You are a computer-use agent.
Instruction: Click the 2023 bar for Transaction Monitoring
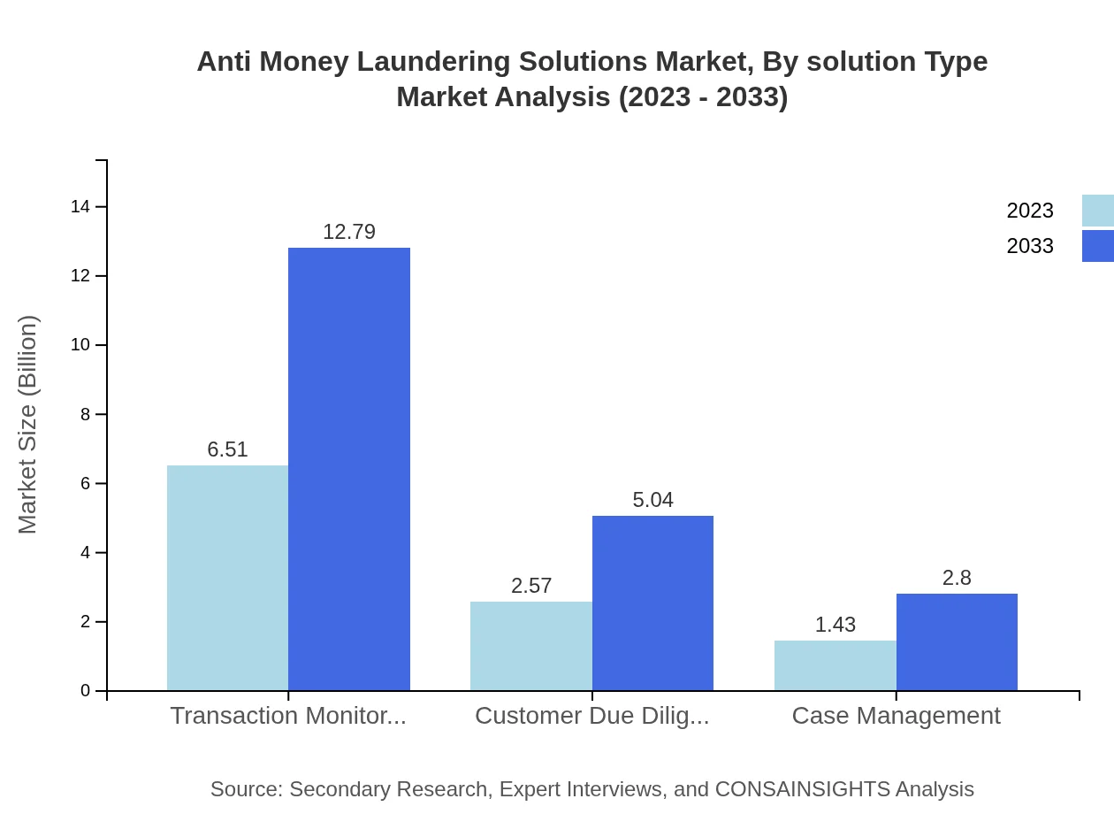click(x=227, y=578)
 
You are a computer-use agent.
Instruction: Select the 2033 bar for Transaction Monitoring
click(x=349, y=469)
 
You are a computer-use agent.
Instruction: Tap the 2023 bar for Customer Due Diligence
click(x=530, y=646)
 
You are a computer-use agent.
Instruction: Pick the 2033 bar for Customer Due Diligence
click(x=652, y=603)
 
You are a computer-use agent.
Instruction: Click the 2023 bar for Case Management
click(x=835, y=665)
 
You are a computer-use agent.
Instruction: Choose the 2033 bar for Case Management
click(x=957, y=641)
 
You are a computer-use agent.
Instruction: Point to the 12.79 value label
click(x=349, y=232)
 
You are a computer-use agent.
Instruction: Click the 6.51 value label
click(x=227, y=449)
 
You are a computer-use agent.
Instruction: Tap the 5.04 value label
click(x=652, y=500)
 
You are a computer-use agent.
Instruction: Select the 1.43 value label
click(x=835, y=625)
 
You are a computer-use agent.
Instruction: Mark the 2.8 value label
click(x=957, y=578)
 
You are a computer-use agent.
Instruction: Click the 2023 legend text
click(x=1030, y=211)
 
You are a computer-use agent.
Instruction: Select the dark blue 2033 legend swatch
click(x=1098, y=246)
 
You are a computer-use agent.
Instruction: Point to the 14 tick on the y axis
click(x=80, y=207)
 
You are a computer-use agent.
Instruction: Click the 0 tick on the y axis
click(x=86, y=691)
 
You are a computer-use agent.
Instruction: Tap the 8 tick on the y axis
click(x=86, y=414)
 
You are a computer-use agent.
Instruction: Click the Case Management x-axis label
click(x=896, y=716)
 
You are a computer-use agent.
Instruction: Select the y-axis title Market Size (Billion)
click(x=27, y=425)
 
